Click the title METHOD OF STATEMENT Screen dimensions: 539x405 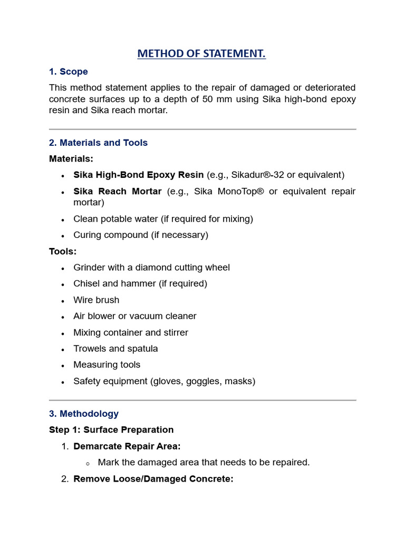point(201,54)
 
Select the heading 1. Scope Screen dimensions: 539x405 point(68,72)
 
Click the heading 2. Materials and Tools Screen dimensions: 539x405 point(98,143)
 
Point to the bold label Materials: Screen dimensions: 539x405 point(71,158)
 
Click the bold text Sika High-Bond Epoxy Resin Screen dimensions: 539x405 point(138,175)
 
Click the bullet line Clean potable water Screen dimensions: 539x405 point(163,219)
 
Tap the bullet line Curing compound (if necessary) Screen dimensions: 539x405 point(141,235)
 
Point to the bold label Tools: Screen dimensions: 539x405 point(63,251)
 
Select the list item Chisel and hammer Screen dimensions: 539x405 point(140,284)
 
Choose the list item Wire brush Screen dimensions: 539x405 point(96,300)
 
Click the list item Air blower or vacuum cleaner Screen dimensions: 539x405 point(134,316)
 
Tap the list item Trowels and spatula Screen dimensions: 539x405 point(115,348)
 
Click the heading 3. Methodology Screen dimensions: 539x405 point(83,414)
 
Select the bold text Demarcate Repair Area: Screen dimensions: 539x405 point(127,446)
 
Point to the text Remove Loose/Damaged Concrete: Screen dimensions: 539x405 point(153,479)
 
